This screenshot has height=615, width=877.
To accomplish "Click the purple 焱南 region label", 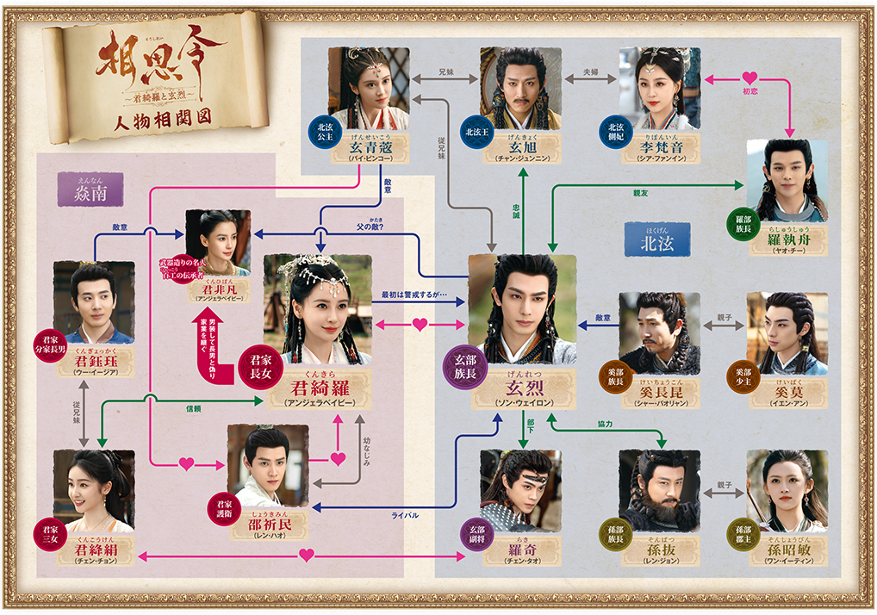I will (x=90, y=190).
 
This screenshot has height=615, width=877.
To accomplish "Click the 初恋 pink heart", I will (x=749, y=79).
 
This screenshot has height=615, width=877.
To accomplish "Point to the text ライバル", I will (x=404, y=515).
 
